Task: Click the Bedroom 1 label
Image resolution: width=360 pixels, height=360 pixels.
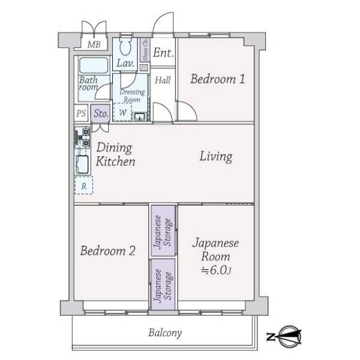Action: point(217,79)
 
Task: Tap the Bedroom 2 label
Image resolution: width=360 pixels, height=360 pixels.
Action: point(107,251)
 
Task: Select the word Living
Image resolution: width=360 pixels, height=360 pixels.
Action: point(216,157)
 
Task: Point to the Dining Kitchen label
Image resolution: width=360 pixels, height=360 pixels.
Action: point(115,154)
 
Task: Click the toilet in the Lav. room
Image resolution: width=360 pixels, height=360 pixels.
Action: point(125,47)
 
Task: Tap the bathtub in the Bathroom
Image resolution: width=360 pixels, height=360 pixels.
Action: point(94,65)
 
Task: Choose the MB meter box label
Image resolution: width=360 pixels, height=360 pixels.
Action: point(94,44)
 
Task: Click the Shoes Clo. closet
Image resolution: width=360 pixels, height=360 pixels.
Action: point(145,50)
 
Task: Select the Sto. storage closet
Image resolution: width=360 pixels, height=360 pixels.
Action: point(101,113)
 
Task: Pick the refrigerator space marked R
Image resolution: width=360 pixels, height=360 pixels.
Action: point(84,185)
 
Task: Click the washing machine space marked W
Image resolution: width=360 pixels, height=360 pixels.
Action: point(122,112)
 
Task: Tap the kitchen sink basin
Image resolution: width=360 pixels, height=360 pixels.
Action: point(82,164)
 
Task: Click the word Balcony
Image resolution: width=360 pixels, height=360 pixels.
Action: point(165,332)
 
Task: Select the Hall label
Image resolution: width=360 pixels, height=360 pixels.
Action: point(163,80)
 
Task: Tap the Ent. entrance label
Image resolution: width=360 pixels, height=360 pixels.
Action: point(163,53)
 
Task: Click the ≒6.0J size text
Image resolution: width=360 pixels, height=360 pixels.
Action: point(216,270)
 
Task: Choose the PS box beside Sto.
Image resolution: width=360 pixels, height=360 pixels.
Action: point(81,113)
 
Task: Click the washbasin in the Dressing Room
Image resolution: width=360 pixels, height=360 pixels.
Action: point(139,116)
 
